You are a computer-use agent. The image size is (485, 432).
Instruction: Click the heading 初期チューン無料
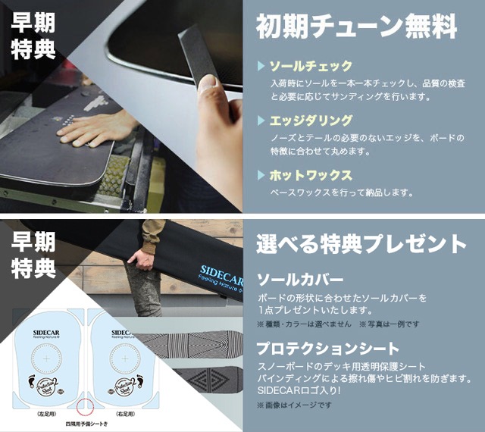[x=356, y=28]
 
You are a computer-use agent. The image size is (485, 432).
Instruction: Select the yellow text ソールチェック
[x=311, y=66]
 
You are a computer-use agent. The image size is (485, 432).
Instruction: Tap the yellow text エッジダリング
[x=311, y=121]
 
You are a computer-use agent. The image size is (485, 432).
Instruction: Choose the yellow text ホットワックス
[x=311, y=175]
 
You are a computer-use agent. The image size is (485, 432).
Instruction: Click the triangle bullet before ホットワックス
[x=261, y=175]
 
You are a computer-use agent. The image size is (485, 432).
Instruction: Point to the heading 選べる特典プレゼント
[x=361, y=244]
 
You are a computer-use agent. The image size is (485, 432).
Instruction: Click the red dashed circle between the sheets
[x=86, y=405]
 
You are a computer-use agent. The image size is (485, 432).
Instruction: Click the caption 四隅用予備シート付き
[x=86, y=424]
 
